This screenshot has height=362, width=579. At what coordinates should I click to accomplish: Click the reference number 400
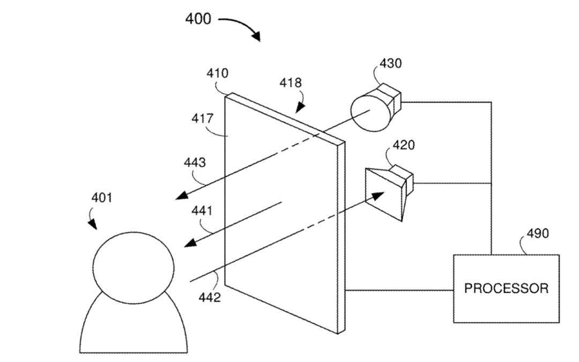pos(198,19)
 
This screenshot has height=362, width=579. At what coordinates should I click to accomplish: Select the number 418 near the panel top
pos(291,83)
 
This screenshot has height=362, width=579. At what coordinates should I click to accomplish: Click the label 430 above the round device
pos(390,63)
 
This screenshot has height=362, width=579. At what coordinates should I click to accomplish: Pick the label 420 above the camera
pos(403,145)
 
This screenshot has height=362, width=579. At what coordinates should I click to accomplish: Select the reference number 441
pos(202,211)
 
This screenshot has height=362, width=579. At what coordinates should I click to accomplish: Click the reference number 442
pos(210,297)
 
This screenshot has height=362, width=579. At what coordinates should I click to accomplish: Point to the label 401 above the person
pos(101,198)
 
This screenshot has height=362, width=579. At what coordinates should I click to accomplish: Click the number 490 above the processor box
pos(537,233)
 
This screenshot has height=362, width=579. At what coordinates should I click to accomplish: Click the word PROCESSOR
pos(506,289)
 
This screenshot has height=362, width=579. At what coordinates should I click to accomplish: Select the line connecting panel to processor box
pos(399,291)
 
